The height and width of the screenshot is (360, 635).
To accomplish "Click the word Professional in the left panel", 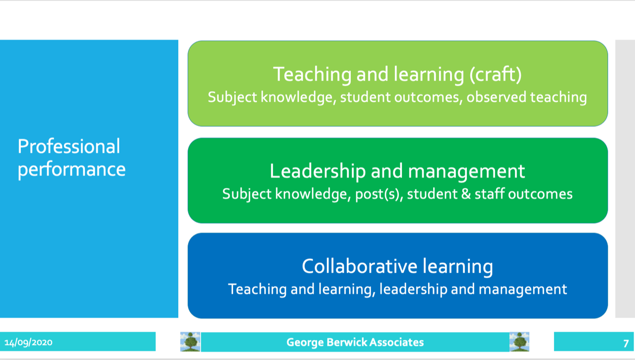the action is point(69,146).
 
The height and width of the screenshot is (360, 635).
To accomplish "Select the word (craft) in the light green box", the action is point(496,74).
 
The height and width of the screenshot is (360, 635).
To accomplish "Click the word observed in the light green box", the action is point(497,97).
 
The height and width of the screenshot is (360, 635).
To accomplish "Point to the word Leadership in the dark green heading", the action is point(317,172).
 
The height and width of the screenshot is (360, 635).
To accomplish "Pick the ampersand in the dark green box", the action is point(466,194).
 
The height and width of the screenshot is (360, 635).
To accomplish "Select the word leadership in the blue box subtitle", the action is point(413,290).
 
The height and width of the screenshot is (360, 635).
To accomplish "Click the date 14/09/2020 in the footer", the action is point(28,343).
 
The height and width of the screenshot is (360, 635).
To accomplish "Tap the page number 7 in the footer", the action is point(626,344).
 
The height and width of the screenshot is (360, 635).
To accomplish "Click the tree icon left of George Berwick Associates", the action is point(190,342).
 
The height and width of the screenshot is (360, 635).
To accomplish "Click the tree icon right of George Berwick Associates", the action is point(519,342).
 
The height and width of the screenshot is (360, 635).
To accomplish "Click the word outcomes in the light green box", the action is point(428,97).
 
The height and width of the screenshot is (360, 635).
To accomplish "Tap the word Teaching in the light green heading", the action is point(312,74).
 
